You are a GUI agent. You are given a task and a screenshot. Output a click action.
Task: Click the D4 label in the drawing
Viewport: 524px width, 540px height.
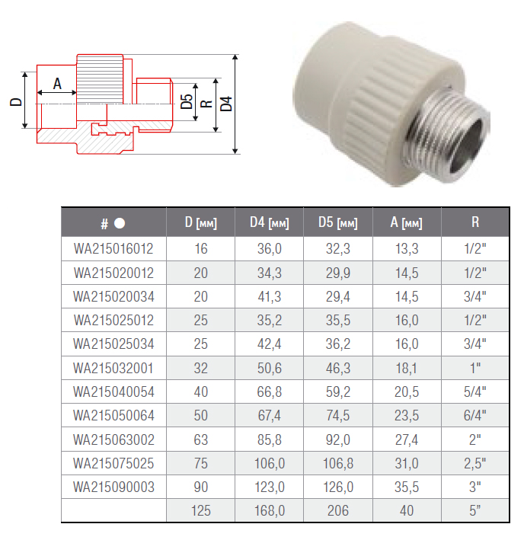pyautogui.click(x=225, y=103)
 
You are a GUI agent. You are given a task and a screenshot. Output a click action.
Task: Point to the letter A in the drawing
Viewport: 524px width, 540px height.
pyautogui.click(x=57, y=85)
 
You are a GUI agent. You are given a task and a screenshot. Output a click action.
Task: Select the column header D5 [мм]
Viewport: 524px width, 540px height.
pyautogui.click(x=337, y=223)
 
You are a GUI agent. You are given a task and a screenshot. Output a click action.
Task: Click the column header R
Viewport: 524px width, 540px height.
pyautogui.click(x=475, y=223)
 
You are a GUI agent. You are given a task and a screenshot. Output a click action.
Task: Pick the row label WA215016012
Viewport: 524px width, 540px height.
pyautogui.click(x=113, y=249)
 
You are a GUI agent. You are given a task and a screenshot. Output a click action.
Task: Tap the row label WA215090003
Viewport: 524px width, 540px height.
pyautogui.click(x=113, y=486)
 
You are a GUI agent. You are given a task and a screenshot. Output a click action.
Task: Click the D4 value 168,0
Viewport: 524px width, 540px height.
pyautogui.click(x=270, y=510)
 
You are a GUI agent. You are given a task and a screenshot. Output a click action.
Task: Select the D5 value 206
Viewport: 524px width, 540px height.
pyautogui.click(x=337, y=510)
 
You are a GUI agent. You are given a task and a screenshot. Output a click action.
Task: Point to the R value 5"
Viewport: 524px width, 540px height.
pyautogui.click(x=475, y=510)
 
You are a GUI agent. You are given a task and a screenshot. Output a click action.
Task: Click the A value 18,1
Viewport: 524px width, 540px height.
pyautogui.click(x=406, y=368)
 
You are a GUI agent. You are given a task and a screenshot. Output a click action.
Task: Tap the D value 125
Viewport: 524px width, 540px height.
pyautogui.click(x=201, y=510)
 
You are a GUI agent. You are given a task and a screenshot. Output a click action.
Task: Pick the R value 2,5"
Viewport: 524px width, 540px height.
pyautogui.click(x=475, y=462)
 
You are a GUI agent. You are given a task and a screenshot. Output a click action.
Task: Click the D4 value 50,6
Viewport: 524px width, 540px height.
pyautogui.click(x=270, y=368)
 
